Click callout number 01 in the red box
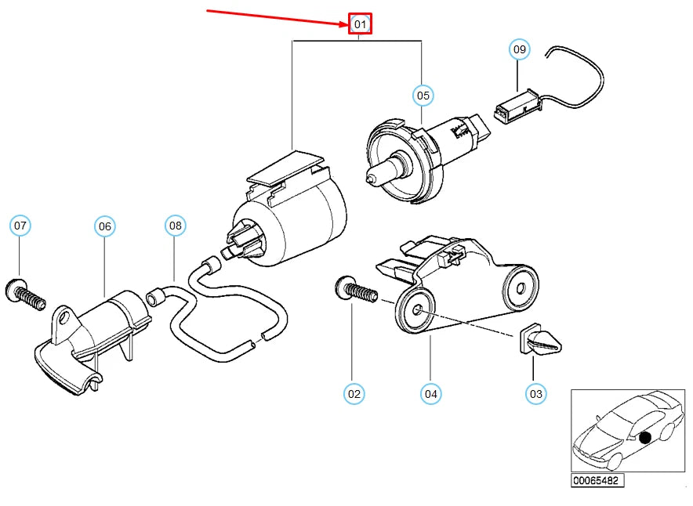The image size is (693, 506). tap(360, 23)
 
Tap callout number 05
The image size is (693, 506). tap(423, 96)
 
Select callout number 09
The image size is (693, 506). tap(520, 49)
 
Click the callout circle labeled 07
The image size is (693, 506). tap(20, 226)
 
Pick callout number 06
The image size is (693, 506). tap(105, 226)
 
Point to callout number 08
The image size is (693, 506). tap(176, 226)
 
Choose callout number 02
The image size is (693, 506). tap(354, 394)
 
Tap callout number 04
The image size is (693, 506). tap(431, 394)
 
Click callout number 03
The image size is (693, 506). tap(535, 393)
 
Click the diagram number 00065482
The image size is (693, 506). tap(597, 480)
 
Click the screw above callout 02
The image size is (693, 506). tap(356, 289)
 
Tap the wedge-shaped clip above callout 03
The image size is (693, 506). tap(539, 341)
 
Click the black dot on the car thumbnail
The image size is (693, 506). tap(645, 438)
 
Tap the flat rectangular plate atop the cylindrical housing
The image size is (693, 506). tap(286, 168)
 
